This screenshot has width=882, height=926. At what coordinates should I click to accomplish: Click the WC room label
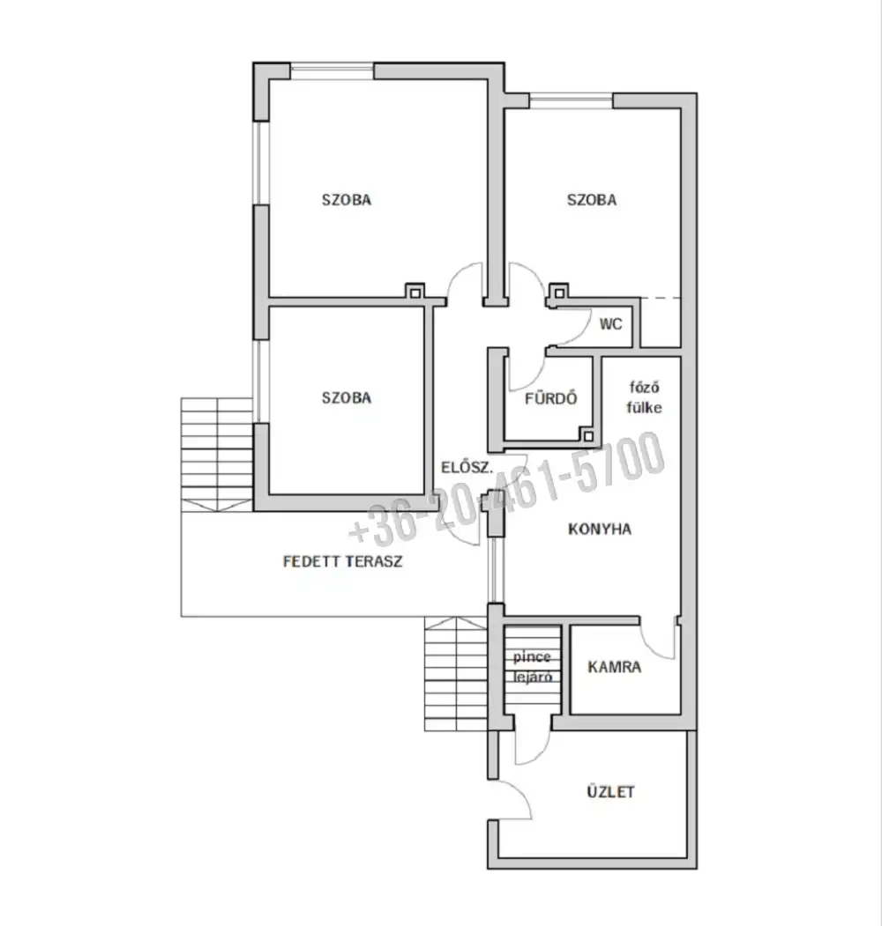point(610,323)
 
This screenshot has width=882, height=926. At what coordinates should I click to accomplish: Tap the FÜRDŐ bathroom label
point(550,398)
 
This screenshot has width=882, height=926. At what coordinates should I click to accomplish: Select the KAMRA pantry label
point(614,667)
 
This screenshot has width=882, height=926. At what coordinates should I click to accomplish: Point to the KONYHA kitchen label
point(600,529)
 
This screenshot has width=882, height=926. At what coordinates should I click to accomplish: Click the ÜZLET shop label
point(610,791)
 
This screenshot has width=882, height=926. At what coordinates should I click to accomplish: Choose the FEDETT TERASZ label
point(343,561)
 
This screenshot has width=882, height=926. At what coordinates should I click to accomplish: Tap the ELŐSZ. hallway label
point(467,467)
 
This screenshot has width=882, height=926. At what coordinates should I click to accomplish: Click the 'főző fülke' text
point(644,397)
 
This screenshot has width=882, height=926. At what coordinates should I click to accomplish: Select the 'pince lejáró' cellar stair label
point(532,667)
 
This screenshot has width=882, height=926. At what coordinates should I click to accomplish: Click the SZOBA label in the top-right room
point(592,200)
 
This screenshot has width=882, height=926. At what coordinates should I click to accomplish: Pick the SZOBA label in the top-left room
point(347,200)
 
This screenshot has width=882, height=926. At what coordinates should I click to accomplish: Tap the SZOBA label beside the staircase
point(347,397)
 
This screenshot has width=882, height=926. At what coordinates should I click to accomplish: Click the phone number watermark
point(507,488)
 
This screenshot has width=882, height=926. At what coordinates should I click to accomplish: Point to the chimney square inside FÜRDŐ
point(587,436)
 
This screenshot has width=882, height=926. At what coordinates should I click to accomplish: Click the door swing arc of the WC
point(582,334)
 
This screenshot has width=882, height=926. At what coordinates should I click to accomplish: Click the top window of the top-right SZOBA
point(571,100)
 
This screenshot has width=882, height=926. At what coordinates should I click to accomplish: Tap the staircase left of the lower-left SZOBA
point(217,454)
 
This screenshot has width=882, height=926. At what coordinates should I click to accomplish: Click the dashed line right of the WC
point(661,298)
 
